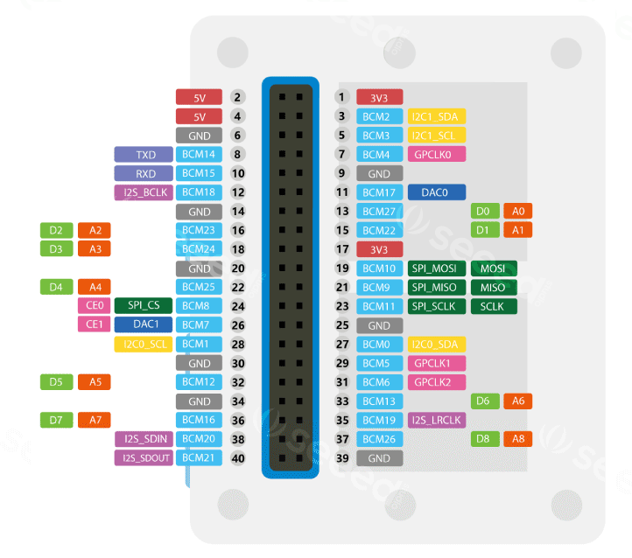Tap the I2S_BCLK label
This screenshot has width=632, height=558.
click(x=144, y=192)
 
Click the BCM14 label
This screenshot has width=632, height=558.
click(x=199, y=155)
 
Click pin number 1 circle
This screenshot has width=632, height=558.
click(x=342, y=98)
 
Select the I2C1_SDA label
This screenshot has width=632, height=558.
click(x=437, y=116)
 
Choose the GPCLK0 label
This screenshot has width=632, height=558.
click(x=437, y=155)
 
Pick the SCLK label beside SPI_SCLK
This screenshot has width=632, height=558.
click(x=494, y=306)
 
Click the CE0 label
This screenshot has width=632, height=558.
click(x=95, y=306)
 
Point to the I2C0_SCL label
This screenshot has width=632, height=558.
click(x=144, y=344)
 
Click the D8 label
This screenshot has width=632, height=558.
click(x=484, y=439)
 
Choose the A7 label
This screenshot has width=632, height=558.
click(x=95, y=420)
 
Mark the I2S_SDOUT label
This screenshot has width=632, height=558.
click(x=144, y=457)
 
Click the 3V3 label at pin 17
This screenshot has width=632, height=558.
click(x=379, y=249)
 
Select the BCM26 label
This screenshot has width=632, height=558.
click(x=379, y=439)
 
